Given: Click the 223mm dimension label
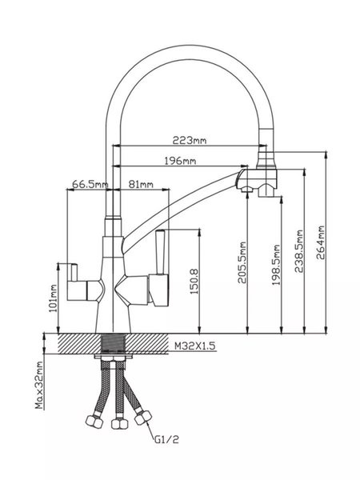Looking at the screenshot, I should pyautogui.click(x=190, y=141).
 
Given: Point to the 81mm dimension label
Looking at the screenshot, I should pyautogui.click(x=141, y=184).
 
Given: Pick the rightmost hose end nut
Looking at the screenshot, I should pyautogui.click(x=143, y=417).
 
